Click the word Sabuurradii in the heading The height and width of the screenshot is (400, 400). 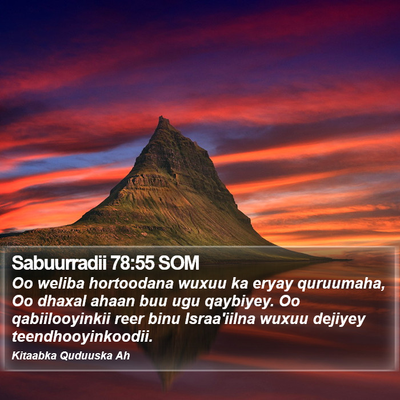[x=59, y=263]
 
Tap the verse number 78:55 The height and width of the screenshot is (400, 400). [x=133, y=263]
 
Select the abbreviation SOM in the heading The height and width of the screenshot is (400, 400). [x=178, y=263]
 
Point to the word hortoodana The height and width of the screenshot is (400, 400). [x=131, y=283]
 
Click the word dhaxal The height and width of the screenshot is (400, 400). [x=62, y=301]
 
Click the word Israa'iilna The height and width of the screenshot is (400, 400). [x=220, y=319]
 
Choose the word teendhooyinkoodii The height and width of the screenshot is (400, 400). [x=82, y=337]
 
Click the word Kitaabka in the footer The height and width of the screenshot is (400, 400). [x=34, y=355]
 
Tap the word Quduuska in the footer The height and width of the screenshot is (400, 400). [x=86, y=355]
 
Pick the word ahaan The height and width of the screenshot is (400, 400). [x=112, y=301]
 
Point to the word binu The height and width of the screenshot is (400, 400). [x=164, y=319]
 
